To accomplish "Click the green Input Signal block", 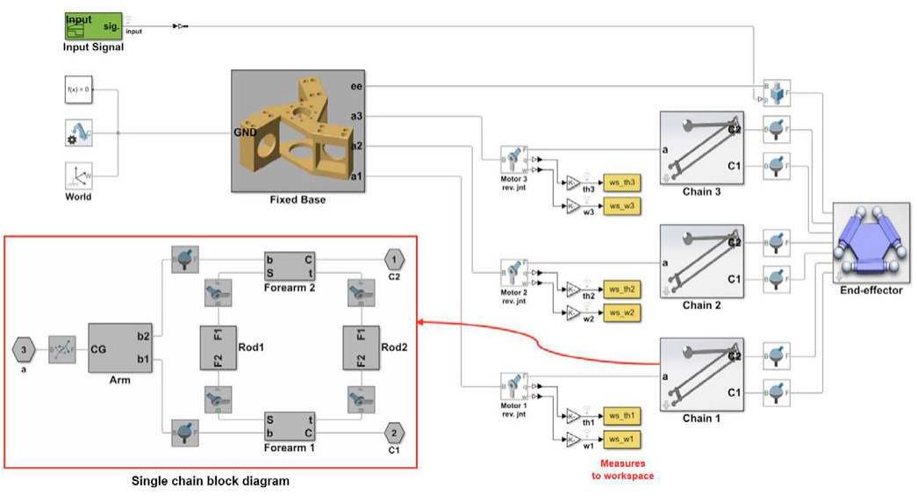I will coord(92,25).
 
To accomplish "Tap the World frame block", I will coord(78,176).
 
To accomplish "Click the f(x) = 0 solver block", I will coord(78,90).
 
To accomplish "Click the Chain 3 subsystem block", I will coord(700,147).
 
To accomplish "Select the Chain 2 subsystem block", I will coord(700,261).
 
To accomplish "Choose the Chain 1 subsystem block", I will coord(700,375).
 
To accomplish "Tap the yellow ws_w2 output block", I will coord(621,313).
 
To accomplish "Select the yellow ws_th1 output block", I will coord(621,413).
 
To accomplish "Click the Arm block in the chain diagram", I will coord(120,348).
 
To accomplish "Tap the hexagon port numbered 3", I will coord(25,349).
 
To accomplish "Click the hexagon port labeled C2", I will coord(396,260).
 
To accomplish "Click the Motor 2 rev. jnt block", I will coord(512,272).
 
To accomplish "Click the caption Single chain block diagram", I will coord(210,481).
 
